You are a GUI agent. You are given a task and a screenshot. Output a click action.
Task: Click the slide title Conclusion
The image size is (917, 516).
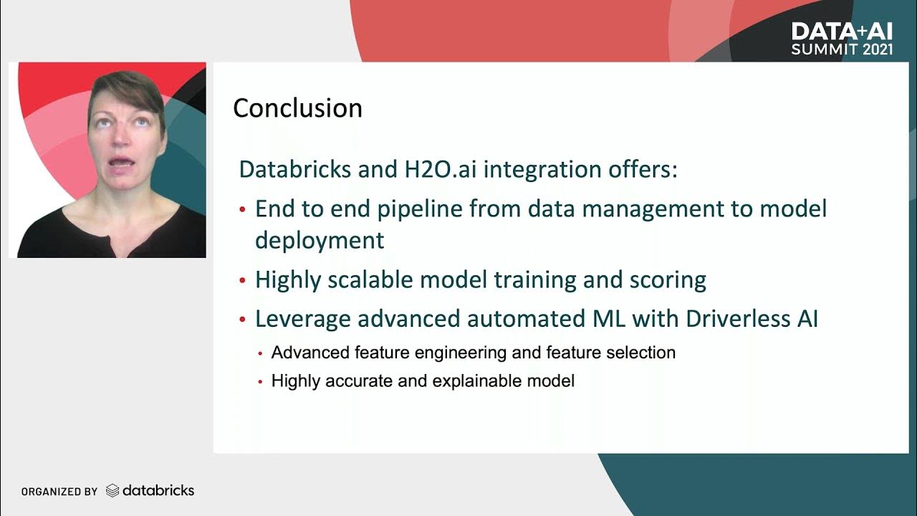point(297,108)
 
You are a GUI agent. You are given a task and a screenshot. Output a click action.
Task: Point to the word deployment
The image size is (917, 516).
point(320,240)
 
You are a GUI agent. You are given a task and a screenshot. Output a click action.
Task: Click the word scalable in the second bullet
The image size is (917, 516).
point(370,280)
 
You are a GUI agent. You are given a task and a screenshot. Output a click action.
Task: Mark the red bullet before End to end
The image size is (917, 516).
point(242,210)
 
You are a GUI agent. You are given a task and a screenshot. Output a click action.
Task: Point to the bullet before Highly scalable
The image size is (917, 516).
point(242,280)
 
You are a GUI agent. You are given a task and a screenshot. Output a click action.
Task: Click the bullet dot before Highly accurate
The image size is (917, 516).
point(261,382)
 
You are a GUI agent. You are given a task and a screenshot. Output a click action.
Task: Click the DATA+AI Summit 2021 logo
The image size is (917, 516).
point(842,39)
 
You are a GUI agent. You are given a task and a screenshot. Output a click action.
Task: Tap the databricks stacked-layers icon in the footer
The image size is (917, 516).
point(112,491)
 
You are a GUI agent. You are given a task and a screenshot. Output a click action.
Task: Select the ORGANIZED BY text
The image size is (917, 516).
point(59,492)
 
